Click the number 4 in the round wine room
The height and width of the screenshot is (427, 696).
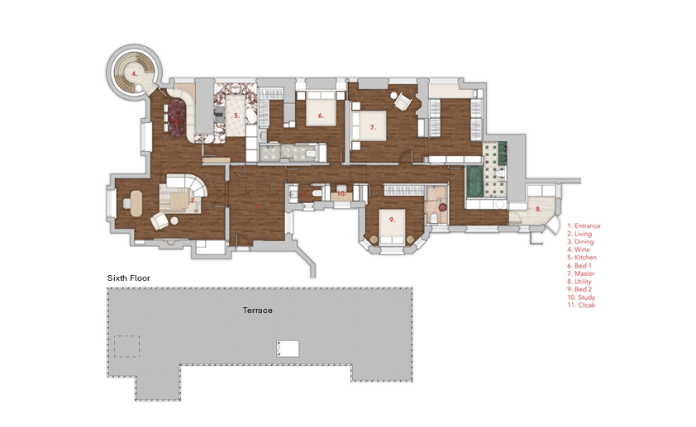134,73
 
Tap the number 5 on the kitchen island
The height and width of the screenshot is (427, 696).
236,116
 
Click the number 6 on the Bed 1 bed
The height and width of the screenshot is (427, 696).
320,116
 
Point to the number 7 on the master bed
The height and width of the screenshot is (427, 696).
373,127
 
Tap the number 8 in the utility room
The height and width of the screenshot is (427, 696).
538,209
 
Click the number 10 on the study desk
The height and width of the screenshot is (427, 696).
341,193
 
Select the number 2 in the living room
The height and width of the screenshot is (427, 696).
192,199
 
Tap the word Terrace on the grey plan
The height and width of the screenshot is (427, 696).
257,310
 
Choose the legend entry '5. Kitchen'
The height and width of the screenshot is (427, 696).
582,258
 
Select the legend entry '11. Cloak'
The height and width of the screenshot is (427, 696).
581,306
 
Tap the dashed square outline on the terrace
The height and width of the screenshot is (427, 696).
126,346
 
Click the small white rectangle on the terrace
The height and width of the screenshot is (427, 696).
288,349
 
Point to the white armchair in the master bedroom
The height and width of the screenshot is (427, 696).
403,101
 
